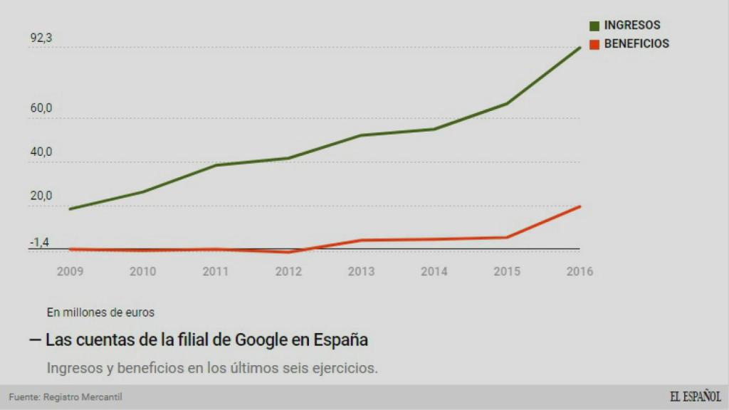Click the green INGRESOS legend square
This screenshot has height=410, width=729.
594,26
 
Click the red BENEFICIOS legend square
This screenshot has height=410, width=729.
594,44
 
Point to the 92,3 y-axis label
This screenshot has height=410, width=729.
41,38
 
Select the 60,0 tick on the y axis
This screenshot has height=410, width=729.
41,108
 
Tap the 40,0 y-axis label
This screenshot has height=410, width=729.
41,152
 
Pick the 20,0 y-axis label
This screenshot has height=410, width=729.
41,196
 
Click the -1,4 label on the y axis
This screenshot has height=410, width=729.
39,243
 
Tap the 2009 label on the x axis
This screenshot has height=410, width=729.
70,271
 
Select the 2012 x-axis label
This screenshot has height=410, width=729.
288,271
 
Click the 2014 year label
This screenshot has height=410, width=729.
434,271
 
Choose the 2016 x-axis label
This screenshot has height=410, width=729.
579,271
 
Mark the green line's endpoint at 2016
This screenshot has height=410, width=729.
580,48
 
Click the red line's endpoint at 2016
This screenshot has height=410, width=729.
580,206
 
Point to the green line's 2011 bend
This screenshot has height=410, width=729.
216,165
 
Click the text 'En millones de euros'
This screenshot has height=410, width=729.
100,312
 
